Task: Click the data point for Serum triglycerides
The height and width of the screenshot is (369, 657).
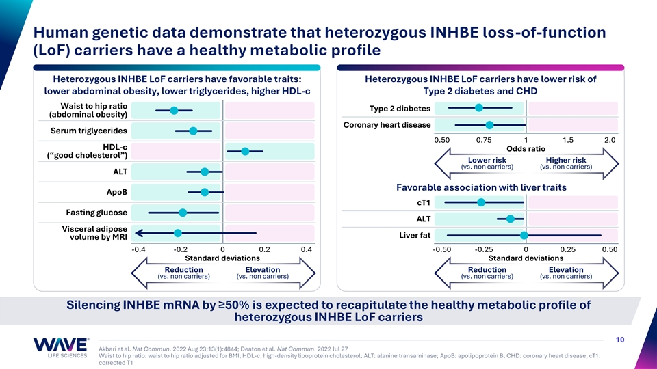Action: (193, 131)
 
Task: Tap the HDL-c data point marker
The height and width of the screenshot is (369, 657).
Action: (245, 151)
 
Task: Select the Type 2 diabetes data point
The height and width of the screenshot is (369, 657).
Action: (479, 107)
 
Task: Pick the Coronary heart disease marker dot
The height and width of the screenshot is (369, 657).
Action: (489, 125)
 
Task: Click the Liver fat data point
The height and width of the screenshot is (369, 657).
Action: (524, 235)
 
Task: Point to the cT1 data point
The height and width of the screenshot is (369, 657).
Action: (481, 202)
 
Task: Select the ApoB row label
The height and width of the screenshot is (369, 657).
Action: (112, 192)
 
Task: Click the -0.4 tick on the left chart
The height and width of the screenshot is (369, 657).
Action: (139, 249)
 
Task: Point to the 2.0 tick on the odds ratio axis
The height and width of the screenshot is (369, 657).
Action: (610, 140)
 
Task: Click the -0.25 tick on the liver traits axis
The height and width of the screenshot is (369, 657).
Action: (484, 249)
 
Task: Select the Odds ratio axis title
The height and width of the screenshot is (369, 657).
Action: (526, 149)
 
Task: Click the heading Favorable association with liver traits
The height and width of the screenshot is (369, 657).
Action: (481, 187)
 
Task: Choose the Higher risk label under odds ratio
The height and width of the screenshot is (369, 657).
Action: (565, 161)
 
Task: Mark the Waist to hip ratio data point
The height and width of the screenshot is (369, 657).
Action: (174, 110)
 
